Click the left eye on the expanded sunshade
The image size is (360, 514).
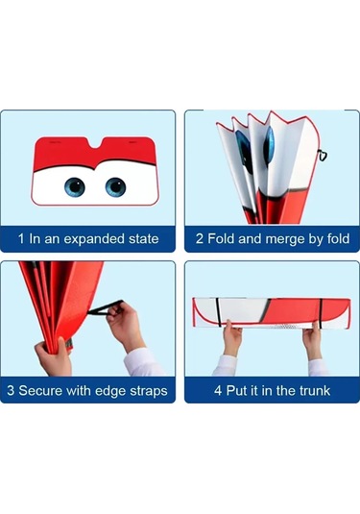coord(75,187)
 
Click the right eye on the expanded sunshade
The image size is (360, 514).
coord(115,187)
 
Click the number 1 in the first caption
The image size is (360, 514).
coord(21,238)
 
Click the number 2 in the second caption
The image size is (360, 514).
coord(200,238)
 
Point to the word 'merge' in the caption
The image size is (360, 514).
coord(285,239)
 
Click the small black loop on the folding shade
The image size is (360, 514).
coord(323,156)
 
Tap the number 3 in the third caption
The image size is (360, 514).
coord(11,390)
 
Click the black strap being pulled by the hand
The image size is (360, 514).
coord(106,308)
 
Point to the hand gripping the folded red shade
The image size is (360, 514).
coord(53,357)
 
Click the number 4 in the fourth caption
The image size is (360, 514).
coord(218,390)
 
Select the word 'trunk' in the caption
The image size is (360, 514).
coord(315,390)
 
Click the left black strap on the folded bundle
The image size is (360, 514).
coord(218,312)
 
